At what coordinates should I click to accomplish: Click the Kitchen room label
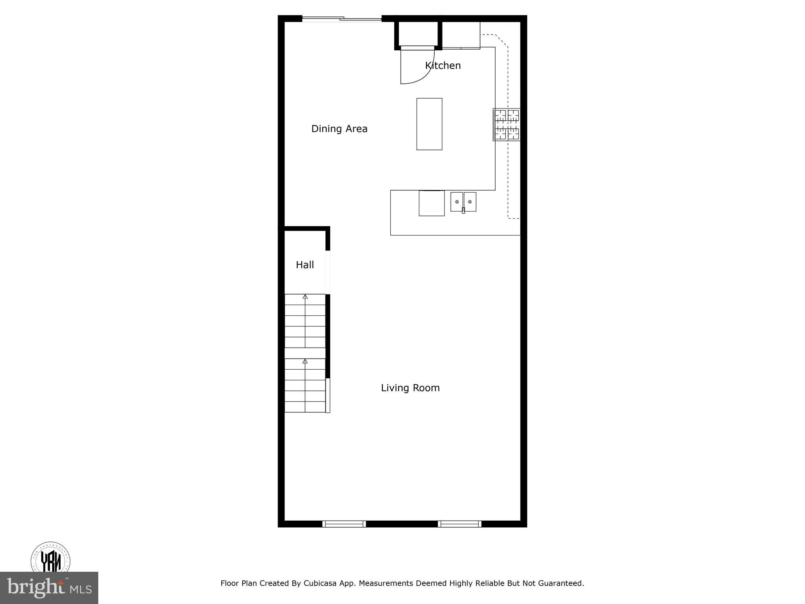coord(443,66)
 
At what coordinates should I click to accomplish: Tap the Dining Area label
coord(339,129)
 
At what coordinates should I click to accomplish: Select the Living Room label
coord(410,388)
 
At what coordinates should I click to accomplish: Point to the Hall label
coord(305,265)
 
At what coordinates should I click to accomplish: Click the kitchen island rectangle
coord(429,124)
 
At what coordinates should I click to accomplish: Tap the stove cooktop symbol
coord(507,125)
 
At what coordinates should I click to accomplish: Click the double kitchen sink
coord(463,202)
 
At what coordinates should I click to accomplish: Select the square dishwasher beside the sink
coord(431,203)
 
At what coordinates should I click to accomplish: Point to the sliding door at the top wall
coord(342,18)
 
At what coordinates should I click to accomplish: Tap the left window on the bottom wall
coord(344,523)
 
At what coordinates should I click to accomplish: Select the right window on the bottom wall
coord(459,523)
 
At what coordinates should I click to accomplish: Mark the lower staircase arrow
coord(305,361)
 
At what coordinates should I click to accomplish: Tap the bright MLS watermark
coord(49,587)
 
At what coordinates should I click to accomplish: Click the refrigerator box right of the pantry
coord(461,35)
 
